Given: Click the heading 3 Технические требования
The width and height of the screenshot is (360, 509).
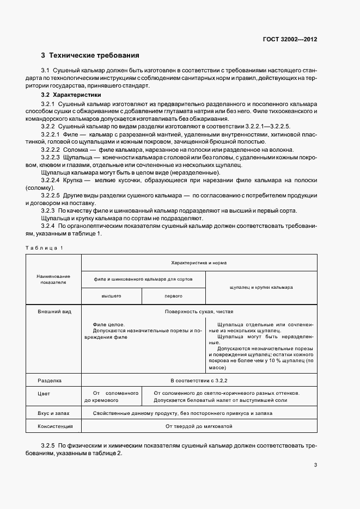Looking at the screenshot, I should [90, 55].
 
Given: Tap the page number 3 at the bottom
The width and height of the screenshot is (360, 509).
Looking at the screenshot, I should [315, 464].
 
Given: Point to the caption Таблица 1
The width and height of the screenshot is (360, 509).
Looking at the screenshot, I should [45, 248].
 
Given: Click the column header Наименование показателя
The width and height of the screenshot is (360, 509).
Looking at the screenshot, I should [53, 280].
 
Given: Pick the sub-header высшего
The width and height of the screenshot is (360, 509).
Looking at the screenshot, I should [111, 296].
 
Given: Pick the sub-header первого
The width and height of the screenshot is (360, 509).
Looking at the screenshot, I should [173, 296].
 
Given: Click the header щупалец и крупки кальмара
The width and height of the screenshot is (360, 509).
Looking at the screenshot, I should [261, 287].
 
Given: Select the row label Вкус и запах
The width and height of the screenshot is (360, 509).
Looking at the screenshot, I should [52, 414].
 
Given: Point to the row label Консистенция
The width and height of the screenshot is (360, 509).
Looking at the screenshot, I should [54, 427].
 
